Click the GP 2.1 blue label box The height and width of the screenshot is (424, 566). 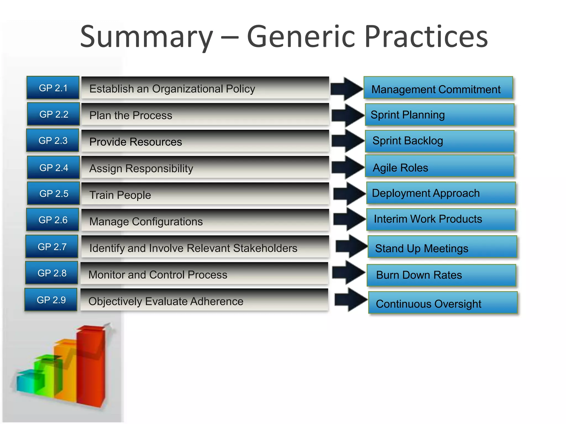point(53,88)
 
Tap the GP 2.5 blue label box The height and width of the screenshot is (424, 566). point(54,194)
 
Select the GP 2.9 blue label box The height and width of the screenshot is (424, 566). point(51,300)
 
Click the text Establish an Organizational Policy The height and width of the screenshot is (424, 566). point(172,89)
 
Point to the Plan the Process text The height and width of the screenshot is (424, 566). point(130,115)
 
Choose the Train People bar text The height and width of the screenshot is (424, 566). point(120,195)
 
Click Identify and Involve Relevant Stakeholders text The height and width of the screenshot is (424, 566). point(193,248)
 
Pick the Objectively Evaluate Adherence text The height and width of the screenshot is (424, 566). point(166,301)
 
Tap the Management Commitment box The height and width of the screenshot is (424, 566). point(438,88)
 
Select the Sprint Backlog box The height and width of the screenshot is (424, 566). point(439,141)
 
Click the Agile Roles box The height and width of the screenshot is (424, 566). point(439,166)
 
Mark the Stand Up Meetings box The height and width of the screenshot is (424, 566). point(442,247)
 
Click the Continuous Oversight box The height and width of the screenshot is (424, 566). point(443,303)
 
